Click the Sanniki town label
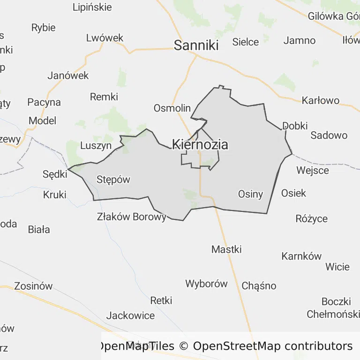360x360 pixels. [x=196, y=45]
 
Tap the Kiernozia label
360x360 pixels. [x=200, y=144]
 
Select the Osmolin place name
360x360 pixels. [x=172, y=108]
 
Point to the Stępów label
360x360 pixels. [x=113, y=180]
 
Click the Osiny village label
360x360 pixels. [x=250, y=194]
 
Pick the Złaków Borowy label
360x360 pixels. [x=132, y=217]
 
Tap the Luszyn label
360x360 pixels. [x=96, y=145]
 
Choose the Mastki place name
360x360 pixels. [x=226, y=249]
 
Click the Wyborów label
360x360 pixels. [x=206, y=284]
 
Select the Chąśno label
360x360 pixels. [x=259, y=286]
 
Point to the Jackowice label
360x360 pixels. [x=130, y=315]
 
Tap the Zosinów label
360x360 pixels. [x=33, y=286]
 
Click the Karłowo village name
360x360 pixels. [x=321, y=101]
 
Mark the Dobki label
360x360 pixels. [x=295, y=126]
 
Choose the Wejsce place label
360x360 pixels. [x=313, y=170]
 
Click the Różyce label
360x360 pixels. [x=312, y=218]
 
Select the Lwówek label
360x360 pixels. [x=105, y=38]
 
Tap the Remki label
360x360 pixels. [x=104, y=97]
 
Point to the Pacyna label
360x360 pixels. [x=44, y=102]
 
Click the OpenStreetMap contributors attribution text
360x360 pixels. [x=272, y=346]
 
